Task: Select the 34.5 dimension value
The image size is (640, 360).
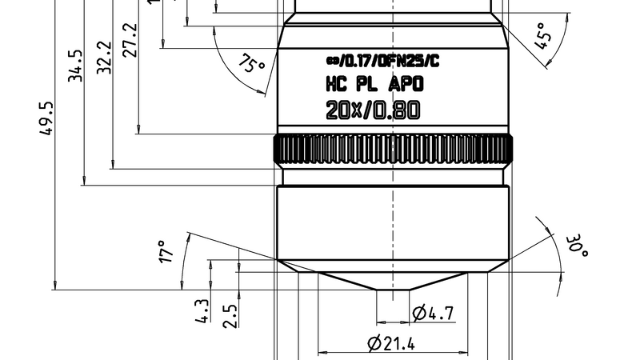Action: point(75,66)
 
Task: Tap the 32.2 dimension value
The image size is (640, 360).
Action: point(104,57)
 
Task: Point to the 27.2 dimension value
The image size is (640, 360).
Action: point(130,39)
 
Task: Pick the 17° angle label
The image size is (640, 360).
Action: point(166,251)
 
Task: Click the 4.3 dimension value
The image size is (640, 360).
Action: point(202,312)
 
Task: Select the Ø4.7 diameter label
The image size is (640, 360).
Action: point(433,313)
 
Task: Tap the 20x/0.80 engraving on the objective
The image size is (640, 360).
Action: point(372,111)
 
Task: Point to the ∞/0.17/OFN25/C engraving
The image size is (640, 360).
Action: point(382,60)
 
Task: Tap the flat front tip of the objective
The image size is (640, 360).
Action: point(392,290)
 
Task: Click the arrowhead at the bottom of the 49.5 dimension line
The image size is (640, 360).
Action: point(54,285)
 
